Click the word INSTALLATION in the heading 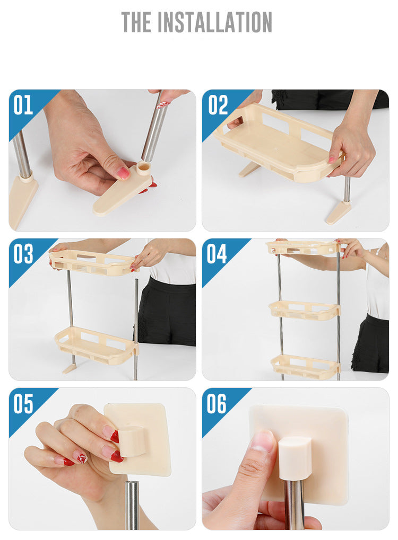[216, 22]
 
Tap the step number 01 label [23, 105]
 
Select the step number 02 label [218, 105]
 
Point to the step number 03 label [23, 254]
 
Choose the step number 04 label [217, 254]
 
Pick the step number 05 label [23, 404]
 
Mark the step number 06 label [217, 404]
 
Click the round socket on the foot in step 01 [143, 169]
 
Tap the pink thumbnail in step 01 [123, 173]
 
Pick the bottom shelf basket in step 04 [305, 366]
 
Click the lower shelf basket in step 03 [96, 344]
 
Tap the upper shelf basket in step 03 [91, 262]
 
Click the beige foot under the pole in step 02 [338, 212]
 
